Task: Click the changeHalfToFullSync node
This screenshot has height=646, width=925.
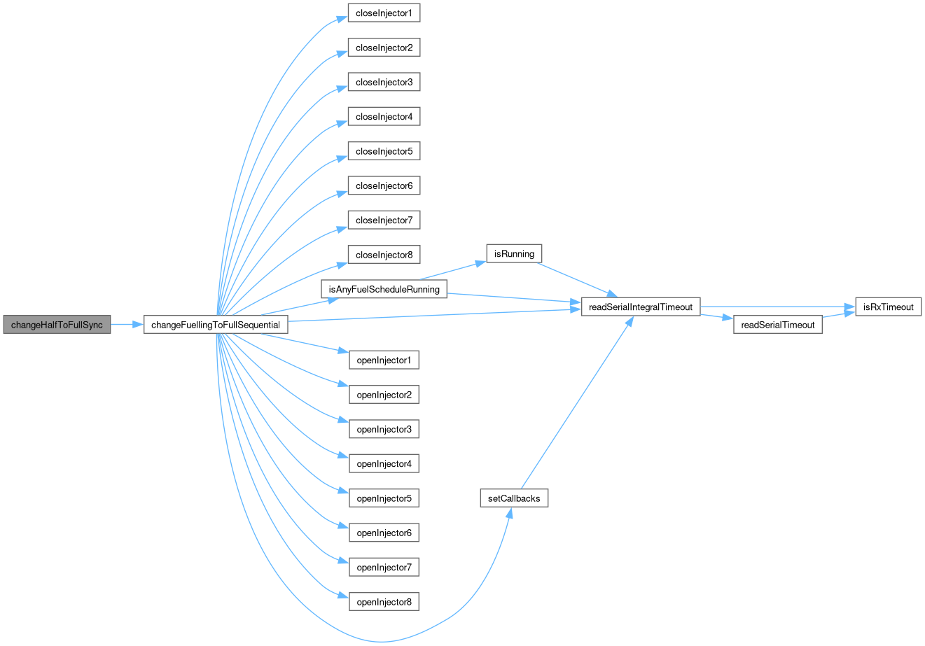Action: [57, 325]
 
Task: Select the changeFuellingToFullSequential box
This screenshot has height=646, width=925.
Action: [216, 325]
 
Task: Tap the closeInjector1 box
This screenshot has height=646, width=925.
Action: [384, 13]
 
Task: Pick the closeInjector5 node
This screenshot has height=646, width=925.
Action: [384, 151]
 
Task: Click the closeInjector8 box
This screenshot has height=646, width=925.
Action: [384, 255]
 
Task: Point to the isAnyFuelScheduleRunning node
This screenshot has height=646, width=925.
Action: [384, 289]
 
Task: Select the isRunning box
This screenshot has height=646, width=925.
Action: [514, 253]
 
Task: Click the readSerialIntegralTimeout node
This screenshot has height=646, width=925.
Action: [641, 307]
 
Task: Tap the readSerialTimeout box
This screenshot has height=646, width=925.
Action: [777, 325]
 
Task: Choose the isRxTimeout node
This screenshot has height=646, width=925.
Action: [889, 307]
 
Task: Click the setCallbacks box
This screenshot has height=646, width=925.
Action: [514, 498]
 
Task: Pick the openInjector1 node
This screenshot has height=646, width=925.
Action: [384, 360]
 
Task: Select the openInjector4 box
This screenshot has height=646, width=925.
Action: [384, 464]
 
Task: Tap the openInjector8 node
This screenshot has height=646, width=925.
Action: [384, 602]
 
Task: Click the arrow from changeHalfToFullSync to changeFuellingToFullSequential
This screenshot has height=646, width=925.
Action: [127, 325]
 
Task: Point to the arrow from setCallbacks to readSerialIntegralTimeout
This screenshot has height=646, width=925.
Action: [577, 403]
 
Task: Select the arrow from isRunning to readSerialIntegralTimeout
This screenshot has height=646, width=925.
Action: [577, 279]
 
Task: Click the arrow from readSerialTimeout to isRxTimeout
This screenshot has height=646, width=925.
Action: [839, 315]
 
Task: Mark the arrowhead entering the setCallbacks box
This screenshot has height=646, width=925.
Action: [510, 513]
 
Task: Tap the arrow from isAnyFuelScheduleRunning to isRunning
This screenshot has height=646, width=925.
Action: [452, 271]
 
